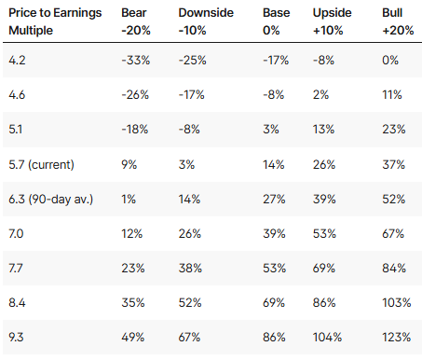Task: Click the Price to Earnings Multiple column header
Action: coord(55,21)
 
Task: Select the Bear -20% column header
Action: coord(136,21)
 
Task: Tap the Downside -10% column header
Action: coord(206,21)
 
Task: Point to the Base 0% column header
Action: coord(276,21)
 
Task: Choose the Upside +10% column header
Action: coord(332,21)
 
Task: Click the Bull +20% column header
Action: coord(398,21)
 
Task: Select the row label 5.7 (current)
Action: coord(41,164)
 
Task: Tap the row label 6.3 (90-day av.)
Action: coord(50,199)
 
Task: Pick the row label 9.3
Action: coord(16,337)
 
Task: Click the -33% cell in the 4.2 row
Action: coord(136,60)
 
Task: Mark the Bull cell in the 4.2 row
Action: coord(390,60)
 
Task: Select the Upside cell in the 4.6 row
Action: coord(320,94)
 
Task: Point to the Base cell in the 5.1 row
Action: coord(270,129)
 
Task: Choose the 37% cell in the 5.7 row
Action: coord(393,164)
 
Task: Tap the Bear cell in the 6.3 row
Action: coord(129,199)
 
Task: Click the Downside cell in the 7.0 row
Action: coord(189,233)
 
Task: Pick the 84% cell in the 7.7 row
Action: coord(394,268)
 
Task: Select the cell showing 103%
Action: coord(397,302)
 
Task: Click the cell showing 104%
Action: coord(327,337)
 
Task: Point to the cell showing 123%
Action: coord(397,337)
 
